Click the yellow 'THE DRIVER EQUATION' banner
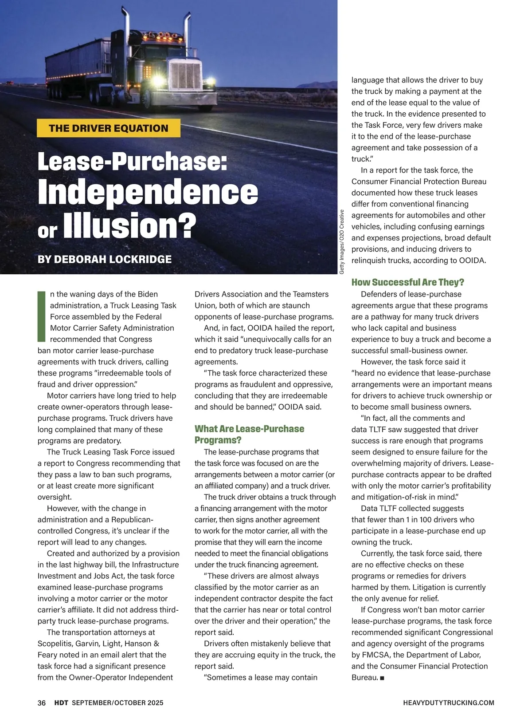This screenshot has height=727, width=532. coord(109,128)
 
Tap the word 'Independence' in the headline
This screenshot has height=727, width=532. coord(148,192)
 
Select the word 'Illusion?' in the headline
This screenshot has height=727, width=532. coord(130,225)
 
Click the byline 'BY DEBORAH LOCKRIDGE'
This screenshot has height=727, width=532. coord(105,259)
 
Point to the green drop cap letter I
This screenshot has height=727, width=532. coord(42,316)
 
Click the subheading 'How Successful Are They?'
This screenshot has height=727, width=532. coord(407,282)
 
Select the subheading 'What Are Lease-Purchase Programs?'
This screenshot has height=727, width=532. coord(249,434)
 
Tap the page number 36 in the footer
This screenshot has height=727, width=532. coord(42,703)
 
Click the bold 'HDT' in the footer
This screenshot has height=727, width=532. coord(61,703)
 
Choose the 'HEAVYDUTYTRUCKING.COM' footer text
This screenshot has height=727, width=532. coord(449,703)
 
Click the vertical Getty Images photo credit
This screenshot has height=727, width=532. coord(342,241)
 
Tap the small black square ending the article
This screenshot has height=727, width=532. coord(382,678)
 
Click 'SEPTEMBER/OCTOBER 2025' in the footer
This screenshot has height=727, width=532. coord(117,703)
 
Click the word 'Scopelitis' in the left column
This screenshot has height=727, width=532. coord(55,644)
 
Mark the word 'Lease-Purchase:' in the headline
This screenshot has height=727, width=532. coord(132,162)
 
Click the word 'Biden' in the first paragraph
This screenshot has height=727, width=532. coord(148,294)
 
